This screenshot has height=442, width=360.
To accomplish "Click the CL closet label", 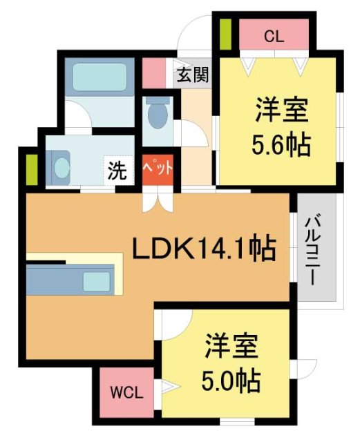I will pyautogui.click(x=274, y=37).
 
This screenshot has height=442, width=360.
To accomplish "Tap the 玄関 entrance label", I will pyautogui.click(x=192, y=75).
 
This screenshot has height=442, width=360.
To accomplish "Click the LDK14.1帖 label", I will pyautogui.click(x=205, y=247).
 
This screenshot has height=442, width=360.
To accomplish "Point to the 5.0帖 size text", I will pyautogui.click(x=231, y=379).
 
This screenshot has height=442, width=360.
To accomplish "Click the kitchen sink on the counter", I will pyautogui.click(x=96, y=281).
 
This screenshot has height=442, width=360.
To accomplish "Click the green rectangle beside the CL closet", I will pyautogui.click(x=225, y=34).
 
